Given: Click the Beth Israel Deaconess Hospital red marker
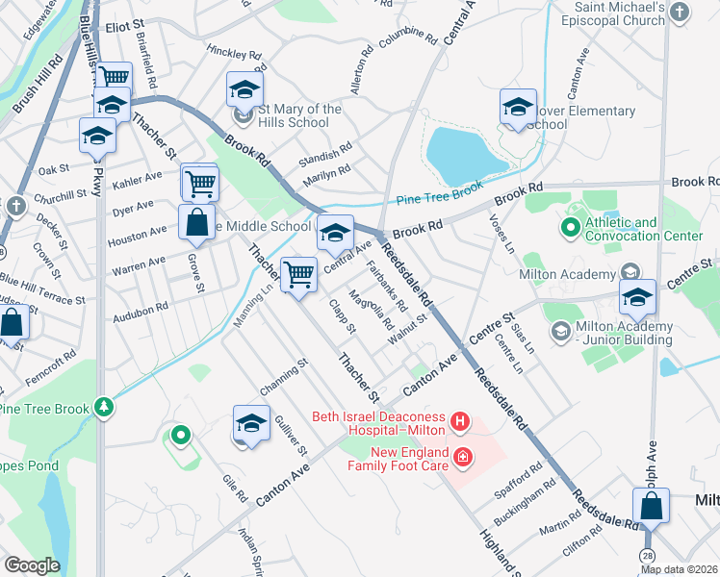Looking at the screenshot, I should (x=461, y=421).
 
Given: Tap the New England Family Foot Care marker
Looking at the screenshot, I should (x=463, y=456).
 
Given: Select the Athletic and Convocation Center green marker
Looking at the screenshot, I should (x=570, y=229).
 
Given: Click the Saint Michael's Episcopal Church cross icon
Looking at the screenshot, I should (x=680, y=13).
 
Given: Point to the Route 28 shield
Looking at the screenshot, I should (x=648, y=556).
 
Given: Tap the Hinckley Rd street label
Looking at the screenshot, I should (x=235, y=54).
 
